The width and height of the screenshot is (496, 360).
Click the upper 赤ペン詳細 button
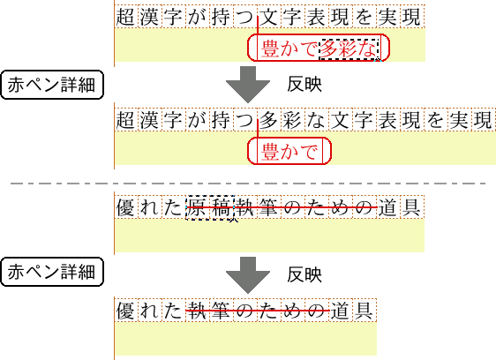(x=52, y=85)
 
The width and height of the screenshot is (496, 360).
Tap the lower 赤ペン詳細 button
(x=52, y=272)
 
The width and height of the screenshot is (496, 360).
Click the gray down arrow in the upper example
(x=248, y=84)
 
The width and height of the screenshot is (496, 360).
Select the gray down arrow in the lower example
(x=248, y=275)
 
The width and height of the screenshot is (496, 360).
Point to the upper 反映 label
(x=304, y=85)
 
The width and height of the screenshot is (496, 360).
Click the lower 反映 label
(x=304, y=274)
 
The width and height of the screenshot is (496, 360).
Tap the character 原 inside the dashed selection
(x=198, y=207)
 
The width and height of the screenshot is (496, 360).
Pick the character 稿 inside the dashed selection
(x=222, y=207)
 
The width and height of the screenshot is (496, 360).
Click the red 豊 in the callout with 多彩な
(x=270, y=49)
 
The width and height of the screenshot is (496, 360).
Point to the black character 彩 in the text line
(x=292, y=120)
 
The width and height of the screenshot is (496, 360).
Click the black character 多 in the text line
(x=268, y=120)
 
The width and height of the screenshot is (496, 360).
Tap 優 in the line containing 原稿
(x=126, y=207)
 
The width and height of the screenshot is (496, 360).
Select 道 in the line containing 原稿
(x=387, y=207)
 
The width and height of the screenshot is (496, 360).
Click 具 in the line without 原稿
(x=364, y=311)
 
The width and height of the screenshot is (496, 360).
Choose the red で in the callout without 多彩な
(x=308, y=152)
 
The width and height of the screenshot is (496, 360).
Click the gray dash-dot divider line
(x=248, y=184)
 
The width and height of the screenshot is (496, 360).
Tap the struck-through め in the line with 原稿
(x=340, y=207)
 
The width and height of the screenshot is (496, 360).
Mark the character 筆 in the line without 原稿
(x=222, y=311)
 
